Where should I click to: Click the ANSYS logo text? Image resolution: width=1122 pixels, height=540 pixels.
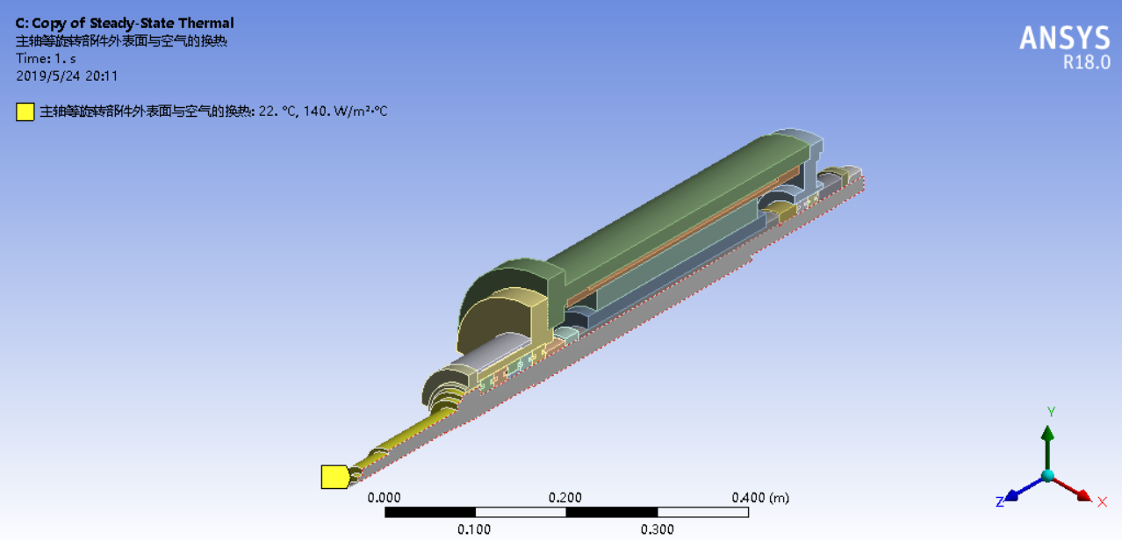tap(1065, 38)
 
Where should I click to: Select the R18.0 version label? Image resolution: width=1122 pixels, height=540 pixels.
tap(1086, 62)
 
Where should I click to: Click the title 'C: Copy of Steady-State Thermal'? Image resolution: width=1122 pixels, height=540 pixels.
tap(124, 23)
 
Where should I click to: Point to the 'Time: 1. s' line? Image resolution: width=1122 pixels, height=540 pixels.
tap(46, 59)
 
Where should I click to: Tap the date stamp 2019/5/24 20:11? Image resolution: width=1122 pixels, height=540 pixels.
tap(67, 76)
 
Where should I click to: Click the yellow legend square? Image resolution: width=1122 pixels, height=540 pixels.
tap(25, 112)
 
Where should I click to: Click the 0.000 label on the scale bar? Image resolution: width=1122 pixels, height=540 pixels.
tap(385, 498)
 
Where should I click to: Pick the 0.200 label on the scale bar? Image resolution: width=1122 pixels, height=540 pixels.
tap(565, 498)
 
